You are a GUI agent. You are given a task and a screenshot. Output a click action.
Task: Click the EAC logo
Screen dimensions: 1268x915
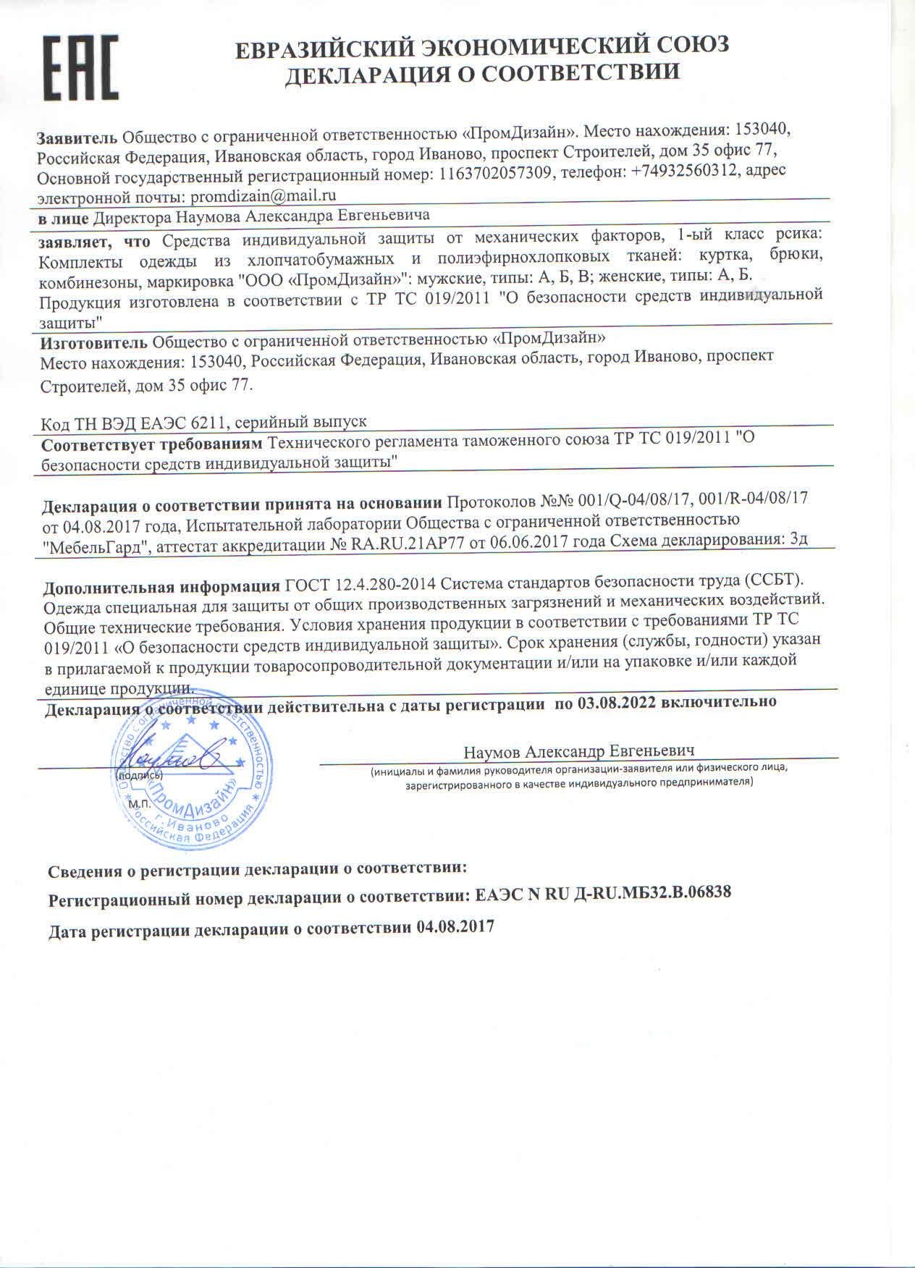[81, 68]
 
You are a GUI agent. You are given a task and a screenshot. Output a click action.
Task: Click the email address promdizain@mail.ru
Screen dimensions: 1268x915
[262, 195]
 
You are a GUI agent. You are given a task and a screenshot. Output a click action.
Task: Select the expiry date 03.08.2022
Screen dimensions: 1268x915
[616, 702]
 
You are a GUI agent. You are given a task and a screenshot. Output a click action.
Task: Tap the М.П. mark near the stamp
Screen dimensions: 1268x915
[138, 803]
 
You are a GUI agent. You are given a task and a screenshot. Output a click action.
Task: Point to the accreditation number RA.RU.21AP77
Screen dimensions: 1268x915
[409, 538]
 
